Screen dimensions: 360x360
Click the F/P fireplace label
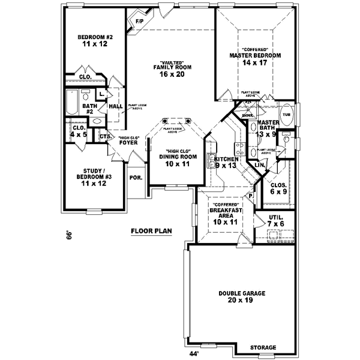tap(139, 22)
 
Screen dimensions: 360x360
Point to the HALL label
tap(116, 106)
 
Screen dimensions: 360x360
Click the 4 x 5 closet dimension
tap(79, 134)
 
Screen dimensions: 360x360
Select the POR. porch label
tap(135, 178)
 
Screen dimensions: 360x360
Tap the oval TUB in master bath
tap(286, 114)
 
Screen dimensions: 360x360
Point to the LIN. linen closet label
tap(259, 164)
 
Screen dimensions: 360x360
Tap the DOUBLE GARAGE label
tap(238, 293)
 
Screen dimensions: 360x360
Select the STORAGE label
tap(263, 347)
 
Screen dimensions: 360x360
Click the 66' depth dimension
tap(69, 234)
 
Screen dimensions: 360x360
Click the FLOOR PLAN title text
tap(151, 230)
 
